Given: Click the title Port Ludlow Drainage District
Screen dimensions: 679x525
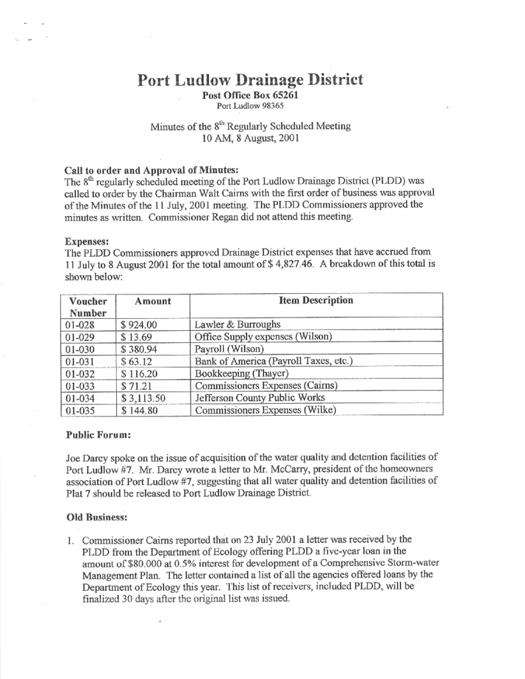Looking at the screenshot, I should [x=250, y=81].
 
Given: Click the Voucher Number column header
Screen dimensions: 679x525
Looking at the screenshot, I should [x=88, y=306].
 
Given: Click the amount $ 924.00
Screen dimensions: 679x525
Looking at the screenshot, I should [x=139, y=325].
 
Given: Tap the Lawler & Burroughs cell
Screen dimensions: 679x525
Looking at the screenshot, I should [x=238, y=325].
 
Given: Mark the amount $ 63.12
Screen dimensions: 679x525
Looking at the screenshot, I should [x=137, y=361].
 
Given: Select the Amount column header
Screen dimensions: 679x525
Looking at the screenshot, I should [x=153, y=301].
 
